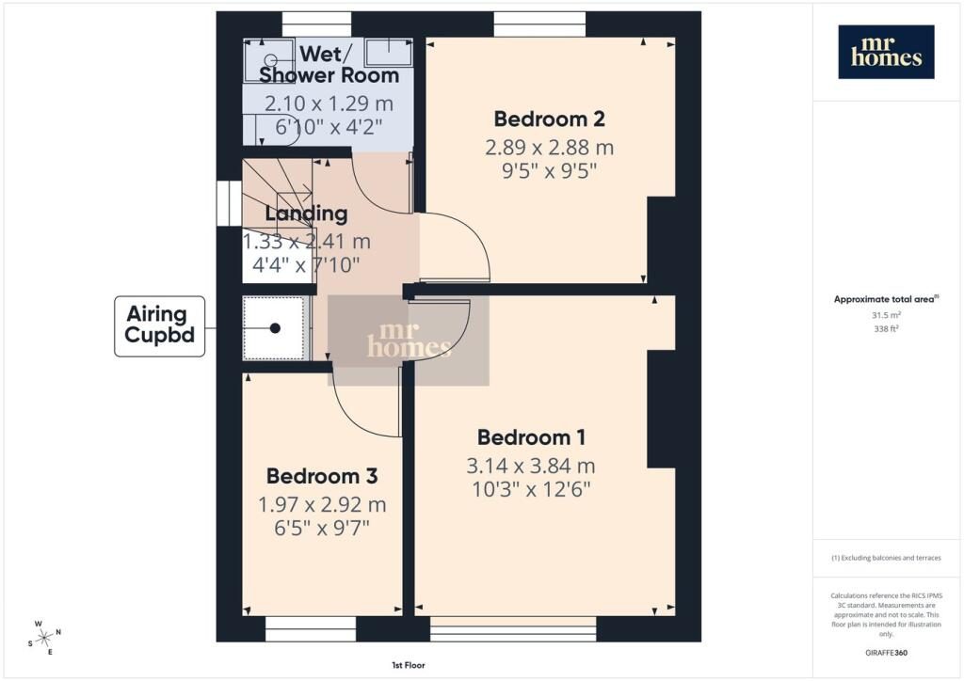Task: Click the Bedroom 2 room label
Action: tap(549, 119)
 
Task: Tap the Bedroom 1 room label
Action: tap(531, 437)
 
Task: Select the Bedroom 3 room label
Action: tap(322, 476)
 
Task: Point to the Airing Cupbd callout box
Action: tap(160, 326)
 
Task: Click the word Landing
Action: tap(306, 214)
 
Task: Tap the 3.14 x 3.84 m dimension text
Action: tap(531, 467)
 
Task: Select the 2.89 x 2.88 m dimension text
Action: tap(549, 148)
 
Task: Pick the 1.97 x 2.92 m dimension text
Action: tap(322, 505)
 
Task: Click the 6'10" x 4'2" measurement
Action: tap(329, 127)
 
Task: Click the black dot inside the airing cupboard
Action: tap(275, 328)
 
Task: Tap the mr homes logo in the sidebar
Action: tap(886, 52)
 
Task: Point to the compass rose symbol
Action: tap(44, 638)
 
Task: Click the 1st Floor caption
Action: tap(409, 665)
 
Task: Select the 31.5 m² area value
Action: tap(886, 315)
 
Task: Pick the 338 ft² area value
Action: tap(886, 328)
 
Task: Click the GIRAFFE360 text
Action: tap(886, 653)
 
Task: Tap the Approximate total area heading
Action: tap(886, 300)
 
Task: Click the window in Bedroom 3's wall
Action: tap(311, 629)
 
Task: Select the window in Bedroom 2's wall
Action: tap(539, 24)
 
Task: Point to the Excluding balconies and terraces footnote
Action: tap(886, 558)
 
